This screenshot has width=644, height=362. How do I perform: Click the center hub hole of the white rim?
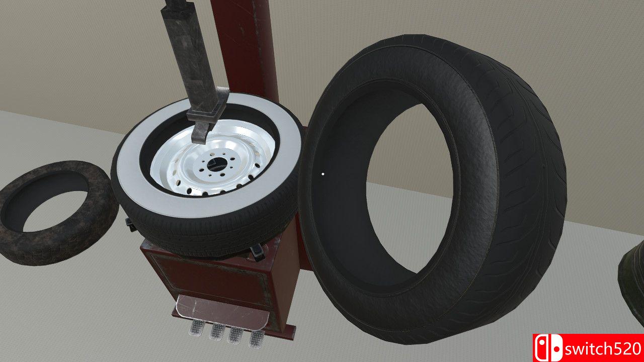pos(215,164)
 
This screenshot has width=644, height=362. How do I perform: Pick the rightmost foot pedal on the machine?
pos(257,339)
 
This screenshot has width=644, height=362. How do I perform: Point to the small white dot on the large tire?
pos(323,174)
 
